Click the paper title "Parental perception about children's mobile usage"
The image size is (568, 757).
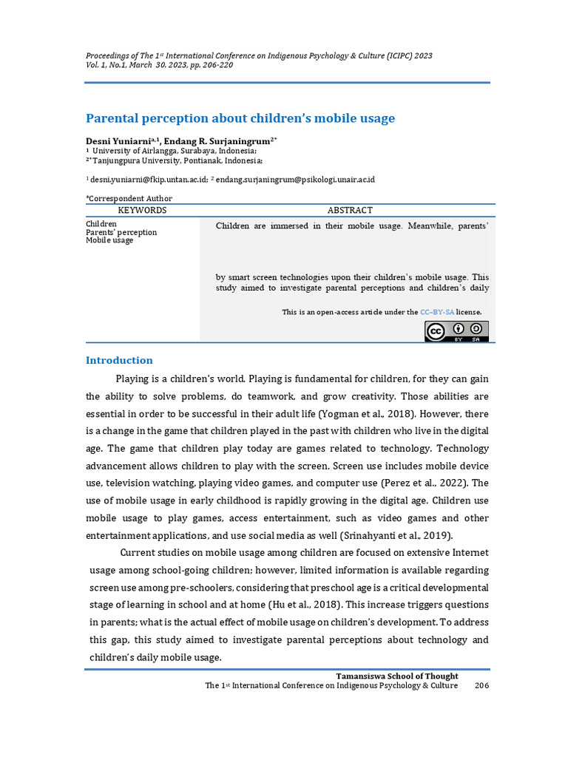click(240, 118)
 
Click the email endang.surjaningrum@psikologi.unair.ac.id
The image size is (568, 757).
click(295, 180)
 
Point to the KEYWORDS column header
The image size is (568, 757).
click(142, 211)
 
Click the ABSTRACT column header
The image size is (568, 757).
click(350, 211)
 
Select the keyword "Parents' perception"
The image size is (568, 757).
click(121, 232)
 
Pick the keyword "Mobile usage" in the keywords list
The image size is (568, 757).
click(109, 240)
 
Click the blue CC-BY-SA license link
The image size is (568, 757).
click(437, 312)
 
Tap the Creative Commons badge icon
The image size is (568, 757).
click(456, 331)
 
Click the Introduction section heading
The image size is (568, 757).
click(119, 361)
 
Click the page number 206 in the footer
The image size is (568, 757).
click(481, 685)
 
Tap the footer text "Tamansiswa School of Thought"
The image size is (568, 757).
click(397, 676)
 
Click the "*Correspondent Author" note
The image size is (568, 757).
click(129, 198)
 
